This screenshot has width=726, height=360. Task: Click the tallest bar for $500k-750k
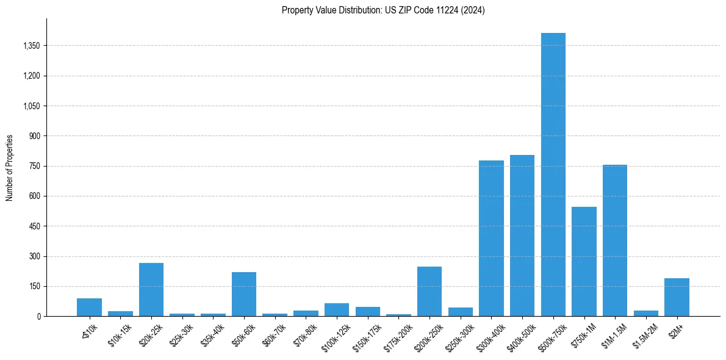553,175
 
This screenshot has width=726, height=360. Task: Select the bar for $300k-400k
491,239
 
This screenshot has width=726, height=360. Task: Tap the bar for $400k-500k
522,236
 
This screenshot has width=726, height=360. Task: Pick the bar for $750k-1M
584,262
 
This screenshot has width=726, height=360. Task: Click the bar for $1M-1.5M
614,240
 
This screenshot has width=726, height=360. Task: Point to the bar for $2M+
677,297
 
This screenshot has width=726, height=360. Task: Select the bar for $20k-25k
151,290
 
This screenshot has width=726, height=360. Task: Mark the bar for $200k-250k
429,292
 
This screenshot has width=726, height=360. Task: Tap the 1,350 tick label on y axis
29,46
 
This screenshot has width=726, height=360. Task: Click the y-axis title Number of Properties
10,168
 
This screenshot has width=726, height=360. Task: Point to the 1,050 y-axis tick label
29,106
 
